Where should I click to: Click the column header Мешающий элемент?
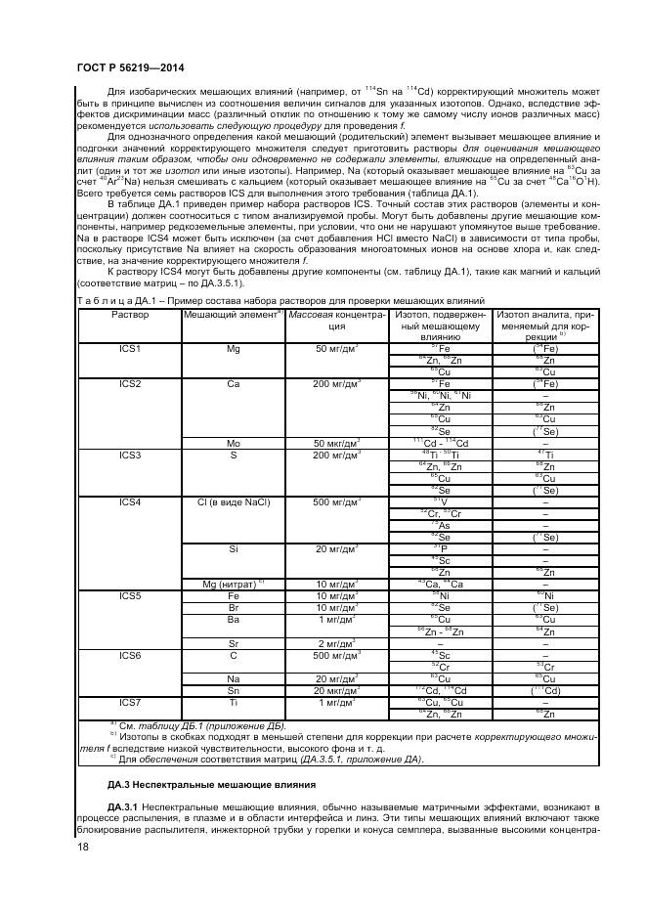233,315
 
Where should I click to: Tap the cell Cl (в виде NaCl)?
233,501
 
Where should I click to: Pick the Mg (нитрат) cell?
233,584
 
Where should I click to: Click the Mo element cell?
233,443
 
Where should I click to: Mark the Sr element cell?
233,642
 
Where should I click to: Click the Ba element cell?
233,619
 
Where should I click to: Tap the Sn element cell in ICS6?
233,689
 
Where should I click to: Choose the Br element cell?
233,607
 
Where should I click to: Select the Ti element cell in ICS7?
233,701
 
